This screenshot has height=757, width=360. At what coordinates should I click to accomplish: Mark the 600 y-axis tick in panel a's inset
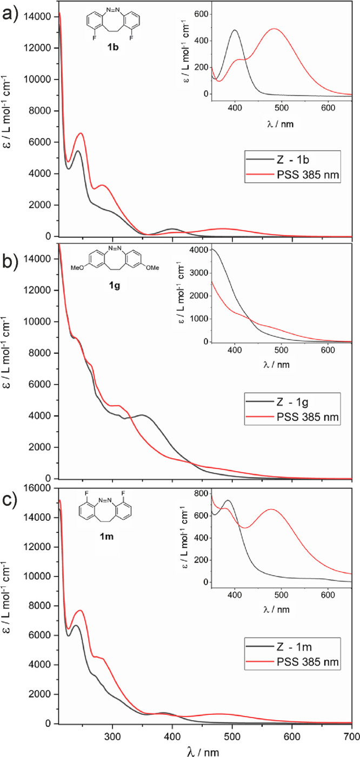click(x=199, y=13)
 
